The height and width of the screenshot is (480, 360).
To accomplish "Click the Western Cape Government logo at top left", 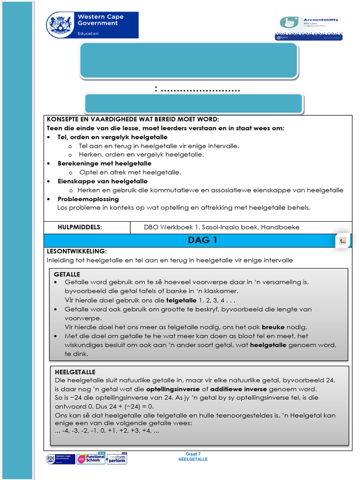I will tap(92, 25).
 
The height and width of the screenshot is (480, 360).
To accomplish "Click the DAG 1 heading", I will tap(199, 240).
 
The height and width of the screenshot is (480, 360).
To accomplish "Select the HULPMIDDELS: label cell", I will tap(80, 227).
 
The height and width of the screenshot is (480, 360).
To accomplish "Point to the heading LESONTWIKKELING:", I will tap(77, 251).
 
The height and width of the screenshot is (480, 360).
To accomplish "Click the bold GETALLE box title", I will tap(67, 274).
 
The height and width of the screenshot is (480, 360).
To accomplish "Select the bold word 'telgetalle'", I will tap(181, 300).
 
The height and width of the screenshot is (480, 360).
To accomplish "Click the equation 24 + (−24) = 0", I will tap(127, 406).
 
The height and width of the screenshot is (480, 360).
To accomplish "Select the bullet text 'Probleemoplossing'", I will tap(88, 199).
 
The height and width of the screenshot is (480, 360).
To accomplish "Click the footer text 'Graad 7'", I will tap(193, 454).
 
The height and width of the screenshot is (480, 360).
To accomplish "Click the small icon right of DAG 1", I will tap(343, 240).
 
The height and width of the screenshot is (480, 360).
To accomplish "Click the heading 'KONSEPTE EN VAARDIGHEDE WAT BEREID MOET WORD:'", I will tap(133, 119).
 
